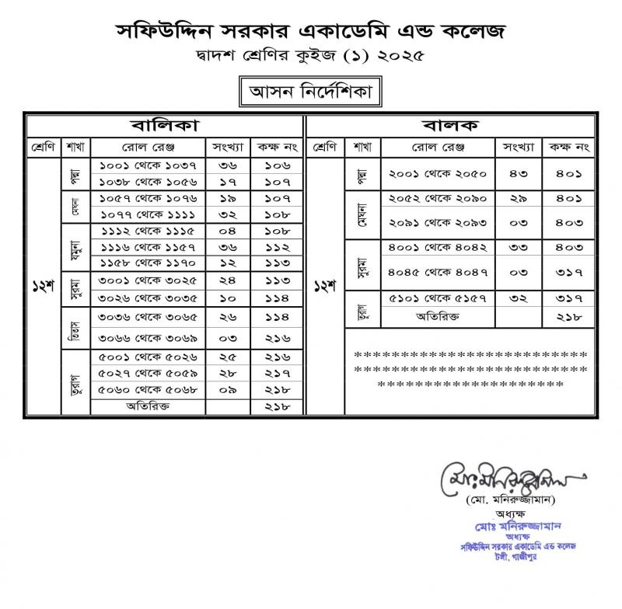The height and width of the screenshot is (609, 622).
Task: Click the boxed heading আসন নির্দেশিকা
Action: [311, 92]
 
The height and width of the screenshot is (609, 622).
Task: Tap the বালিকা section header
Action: [164, 125]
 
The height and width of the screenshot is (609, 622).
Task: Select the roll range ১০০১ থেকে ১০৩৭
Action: [146, 165]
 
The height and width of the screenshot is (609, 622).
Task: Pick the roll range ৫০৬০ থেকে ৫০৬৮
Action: [146, 390]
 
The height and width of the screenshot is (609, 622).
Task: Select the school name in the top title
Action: [311, 31]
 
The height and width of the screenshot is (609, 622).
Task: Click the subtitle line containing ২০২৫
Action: [311, 57]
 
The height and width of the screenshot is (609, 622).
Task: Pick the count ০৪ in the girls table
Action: [228, 231]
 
